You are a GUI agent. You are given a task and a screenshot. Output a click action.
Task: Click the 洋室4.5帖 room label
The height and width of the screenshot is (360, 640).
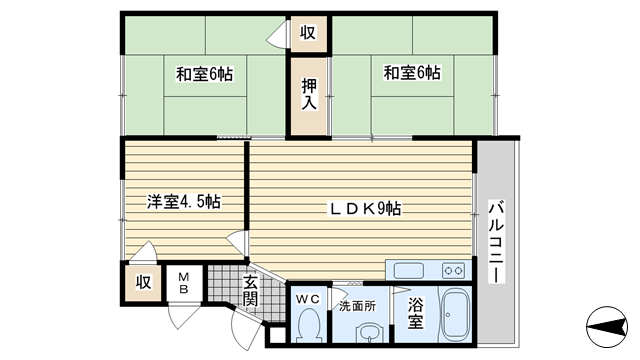pyautogui.click(x=184, y=202)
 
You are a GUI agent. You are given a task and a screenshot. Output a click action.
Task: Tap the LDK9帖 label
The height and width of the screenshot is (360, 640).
pyautogui.click(x=365, y=209)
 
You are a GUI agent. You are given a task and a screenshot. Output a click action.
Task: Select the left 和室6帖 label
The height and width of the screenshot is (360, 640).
pyautogui.click(x=204, y=74)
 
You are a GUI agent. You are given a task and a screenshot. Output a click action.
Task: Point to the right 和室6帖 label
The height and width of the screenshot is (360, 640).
pyautogui.click(x=412, y=73)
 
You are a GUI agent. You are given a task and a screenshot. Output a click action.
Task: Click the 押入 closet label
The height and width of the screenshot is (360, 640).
pyautogui.click(x=309, y=94)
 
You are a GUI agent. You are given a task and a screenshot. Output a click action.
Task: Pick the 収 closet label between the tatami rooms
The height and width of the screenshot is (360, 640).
pyautogui.click(x=308, y=33)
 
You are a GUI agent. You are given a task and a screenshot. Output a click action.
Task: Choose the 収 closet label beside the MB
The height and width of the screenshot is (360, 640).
pyautogui.click(x=143, y=282)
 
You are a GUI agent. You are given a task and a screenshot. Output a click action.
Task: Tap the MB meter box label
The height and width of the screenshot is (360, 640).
pyautogui.click(x=184, y=283)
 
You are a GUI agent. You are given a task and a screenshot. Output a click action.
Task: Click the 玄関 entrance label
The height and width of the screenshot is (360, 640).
pyautogui.click(x=250, y=291)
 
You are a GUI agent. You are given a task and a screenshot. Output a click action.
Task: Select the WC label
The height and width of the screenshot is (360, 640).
pyautogui.click(x=308, y=299)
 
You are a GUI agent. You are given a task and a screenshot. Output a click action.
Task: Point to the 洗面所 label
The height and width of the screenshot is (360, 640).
pyautogui.click(x=358, y=306)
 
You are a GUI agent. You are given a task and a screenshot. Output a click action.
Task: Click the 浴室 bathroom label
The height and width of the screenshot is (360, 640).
pyautogui.click(x=416, y=313)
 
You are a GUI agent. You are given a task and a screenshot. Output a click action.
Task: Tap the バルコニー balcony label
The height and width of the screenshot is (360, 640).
pyautogui.click(x=496, y=242)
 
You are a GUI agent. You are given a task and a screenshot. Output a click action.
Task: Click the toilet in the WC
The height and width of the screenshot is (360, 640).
pyautogui.click(x=309, y=325)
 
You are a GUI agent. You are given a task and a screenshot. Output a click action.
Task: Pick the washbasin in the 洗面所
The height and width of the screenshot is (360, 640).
pyautogui.click(x=370, y=334)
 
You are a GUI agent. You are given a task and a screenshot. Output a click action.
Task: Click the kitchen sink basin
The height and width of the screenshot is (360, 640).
pyautogui.click(x=408, y=271)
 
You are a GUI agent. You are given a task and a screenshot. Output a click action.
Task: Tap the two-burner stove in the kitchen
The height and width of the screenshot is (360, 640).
pyautogui.click(x=453, y=270)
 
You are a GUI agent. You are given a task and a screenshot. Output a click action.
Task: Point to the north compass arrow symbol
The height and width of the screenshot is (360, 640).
pyautogui.click(x=607, y=327)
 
